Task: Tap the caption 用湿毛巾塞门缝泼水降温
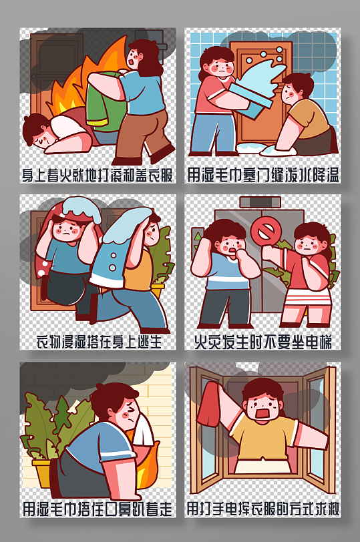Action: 263,176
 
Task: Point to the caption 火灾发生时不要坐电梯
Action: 263,342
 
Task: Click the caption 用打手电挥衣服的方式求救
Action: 263,509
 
